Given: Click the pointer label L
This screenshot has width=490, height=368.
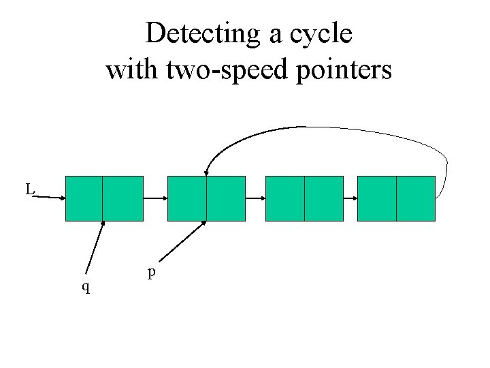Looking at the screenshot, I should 30,189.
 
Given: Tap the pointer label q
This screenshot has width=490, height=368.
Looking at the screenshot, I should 85,286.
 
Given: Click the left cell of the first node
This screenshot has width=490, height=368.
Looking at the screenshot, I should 84,198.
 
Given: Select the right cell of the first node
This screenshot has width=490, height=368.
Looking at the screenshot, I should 122,198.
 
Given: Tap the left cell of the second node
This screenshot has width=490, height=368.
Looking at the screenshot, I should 186,198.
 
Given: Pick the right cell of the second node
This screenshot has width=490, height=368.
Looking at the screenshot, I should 225,198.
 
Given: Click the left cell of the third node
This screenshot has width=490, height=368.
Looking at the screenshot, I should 284,198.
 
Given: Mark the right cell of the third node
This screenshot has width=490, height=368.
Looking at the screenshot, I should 323,198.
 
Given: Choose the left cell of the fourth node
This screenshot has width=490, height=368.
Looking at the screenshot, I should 376,198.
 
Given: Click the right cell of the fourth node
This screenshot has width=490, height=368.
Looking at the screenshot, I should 415,198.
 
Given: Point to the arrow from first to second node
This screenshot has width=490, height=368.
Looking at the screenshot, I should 155,198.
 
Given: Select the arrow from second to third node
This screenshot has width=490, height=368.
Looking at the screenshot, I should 255,198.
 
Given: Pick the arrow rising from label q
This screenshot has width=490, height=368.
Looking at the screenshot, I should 95,247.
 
